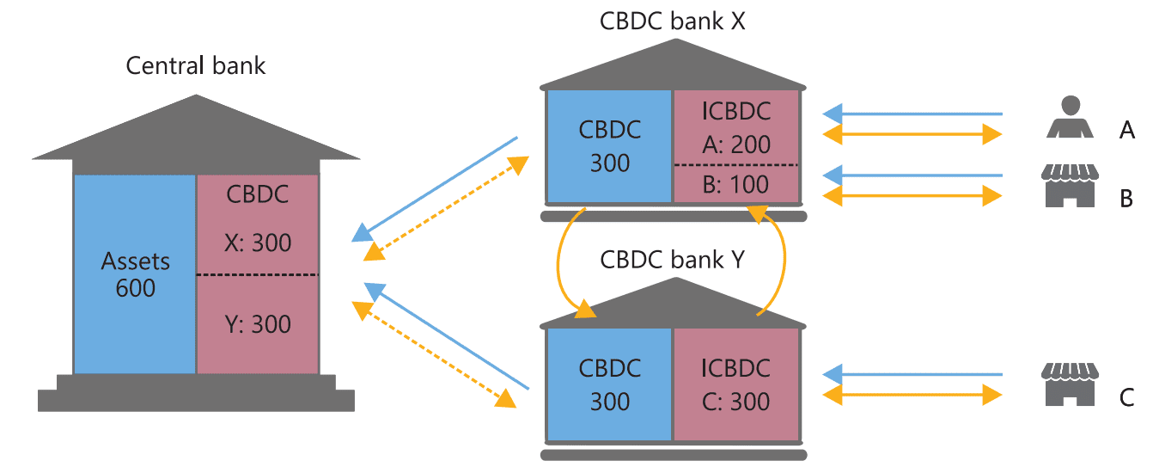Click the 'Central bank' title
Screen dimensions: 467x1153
pos(196,65)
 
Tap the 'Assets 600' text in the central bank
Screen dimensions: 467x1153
pos(136,274)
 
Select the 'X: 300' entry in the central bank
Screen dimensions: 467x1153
pos(259,243)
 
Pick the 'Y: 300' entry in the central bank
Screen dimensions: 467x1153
pos(259,324)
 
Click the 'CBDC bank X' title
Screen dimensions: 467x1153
pos(672,21)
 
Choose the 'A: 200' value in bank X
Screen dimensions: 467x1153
pos(736,144)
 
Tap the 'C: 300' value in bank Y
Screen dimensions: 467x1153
pos(736,401)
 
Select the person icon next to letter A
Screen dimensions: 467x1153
pos(1069,118)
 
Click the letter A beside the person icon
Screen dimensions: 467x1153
pos(1127,130)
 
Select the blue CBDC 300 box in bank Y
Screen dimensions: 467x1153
pos(610,384)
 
